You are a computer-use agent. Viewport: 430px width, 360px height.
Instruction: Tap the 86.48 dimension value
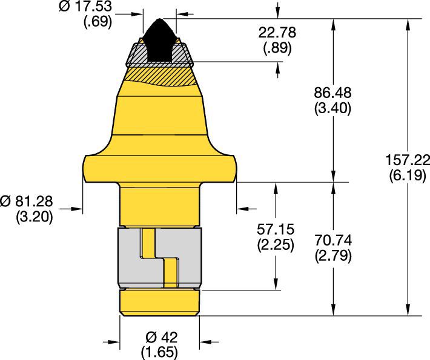pyautogui.click(x=334, y=93)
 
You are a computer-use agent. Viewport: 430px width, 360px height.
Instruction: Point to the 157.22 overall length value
pyautogui.click(x=406, y=161)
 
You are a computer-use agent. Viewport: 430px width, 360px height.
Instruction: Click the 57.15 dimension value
pyautogui.click(x=274, y=231)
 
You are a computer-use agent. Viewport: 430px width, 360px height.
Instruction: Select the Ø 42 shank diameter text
pyautogui.click(x=160, y=337)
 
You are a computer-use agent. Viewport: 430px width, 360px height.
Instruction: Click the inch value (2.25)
pyautogui.click(x=274, y=246)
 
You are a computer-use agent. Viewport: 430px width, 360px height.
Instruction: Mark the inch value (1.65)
pyautogui.click(x=160, y=351)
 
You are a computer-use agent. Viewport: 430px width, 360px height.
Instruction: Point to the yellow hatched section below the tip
pyautogui.click(x=160, y=76)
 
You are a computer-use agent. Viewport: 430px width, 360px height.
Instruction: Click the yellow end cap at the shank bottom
pyautogui.click(x=159, y=303)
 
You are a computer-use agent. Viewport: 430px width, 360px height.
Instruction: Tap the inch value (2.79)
pyautogui.click(x=333, y=256)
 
